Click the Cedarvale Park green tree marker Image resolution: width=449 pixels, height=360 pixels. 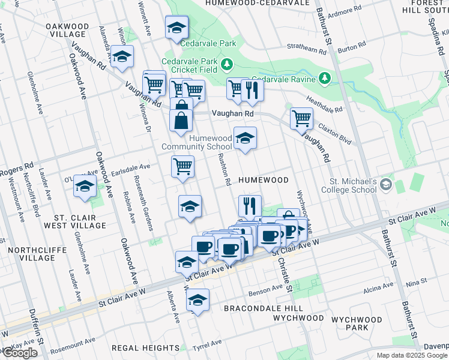[227, 64]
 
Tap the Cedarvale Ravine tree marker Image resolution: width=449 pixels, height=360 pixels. [324, 78]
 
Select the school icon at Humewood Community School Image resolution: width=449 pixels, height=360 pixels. [244, 139]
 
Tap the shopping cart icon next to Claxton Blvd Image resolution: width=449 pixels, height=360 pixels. [301, 118]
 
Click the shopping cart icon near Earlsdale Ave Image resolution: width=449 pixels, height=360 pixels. [182, 166]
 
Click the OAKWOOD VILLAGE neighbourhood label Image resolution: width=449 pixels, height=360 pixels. [67, 31]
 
